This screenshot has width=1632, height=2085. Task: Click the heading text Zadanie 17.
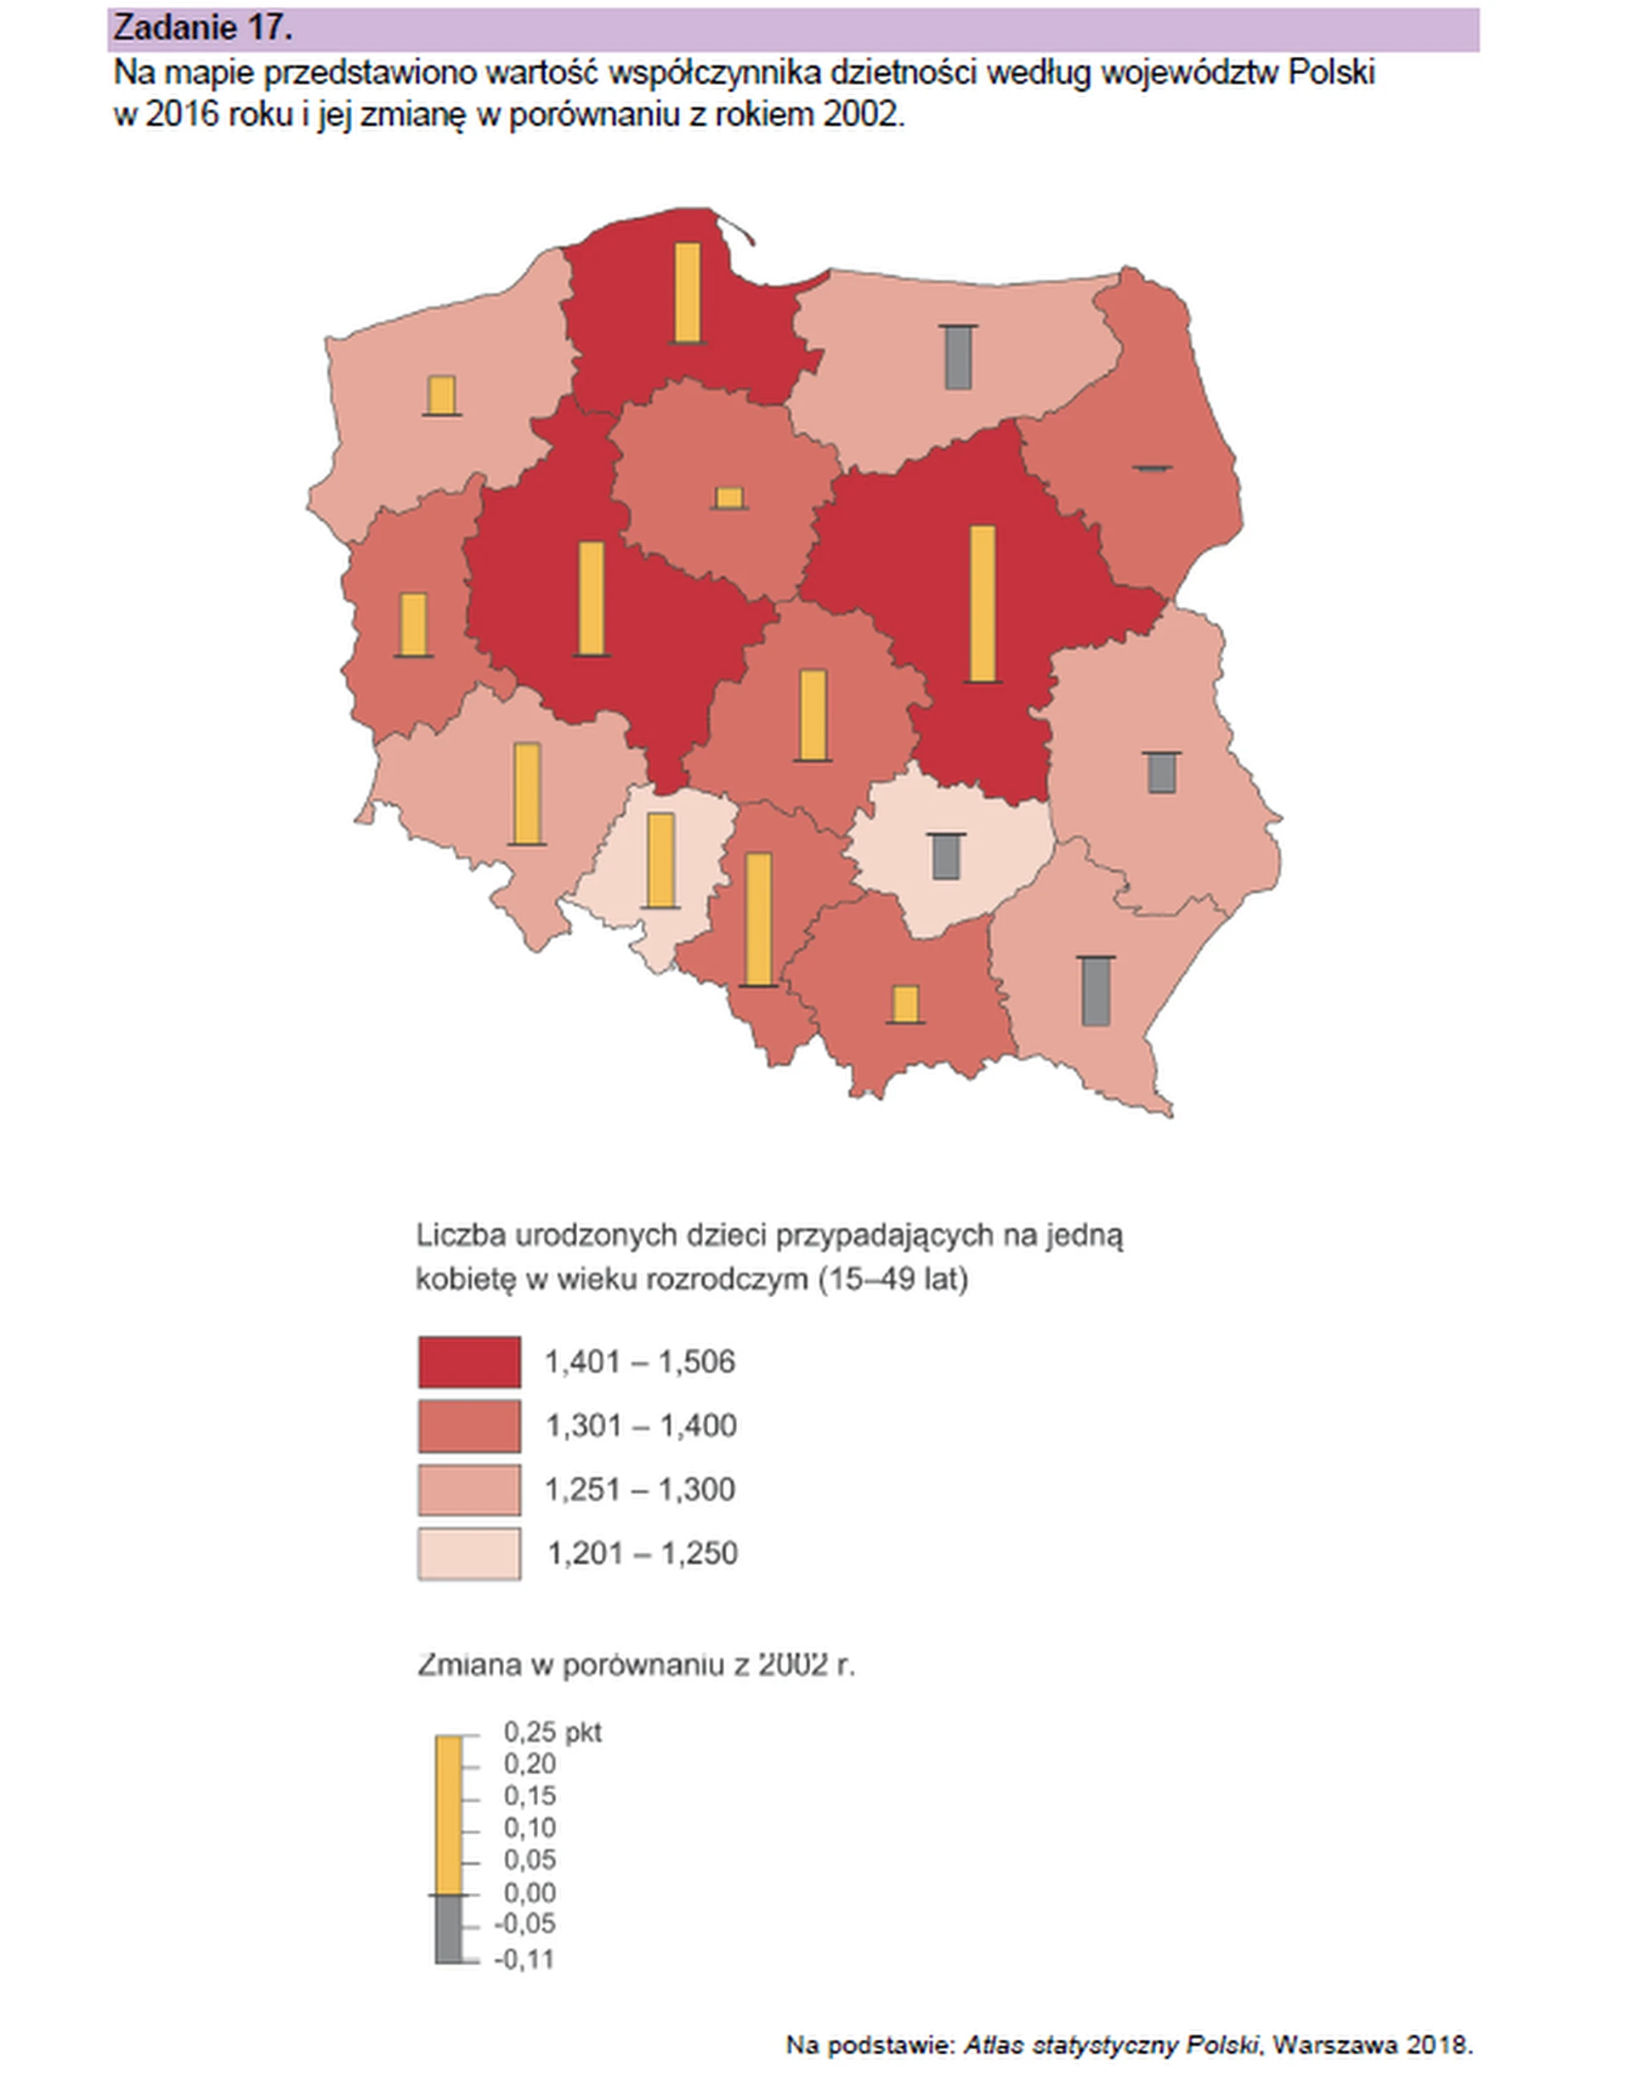tap(201, 28)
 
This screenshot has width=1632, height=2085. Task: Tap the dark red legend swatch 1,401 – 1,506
tap(469, 1362)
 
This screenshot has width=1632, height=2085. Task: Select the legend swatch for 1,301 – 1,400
tap(469, 1425)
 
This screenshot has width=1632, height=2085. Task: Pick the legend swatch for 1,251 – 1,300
tap(469, 1490)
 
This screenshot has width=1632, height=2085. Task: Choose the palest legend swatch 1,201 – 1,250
tap(469, 1554)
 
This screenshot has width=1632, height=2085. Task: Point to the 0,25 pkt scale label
tap(552, 1732)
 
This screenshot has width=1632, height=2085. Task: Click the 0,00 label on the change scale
tap(530, 1892)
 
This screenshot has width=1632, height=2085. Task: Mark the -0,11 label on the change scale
tap(524, 1959)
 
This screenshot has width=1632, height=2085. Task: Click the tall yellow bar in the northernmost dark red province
tap(687, 292)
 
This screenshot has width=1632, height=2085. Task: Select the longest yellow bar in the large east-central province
tap(983, 603)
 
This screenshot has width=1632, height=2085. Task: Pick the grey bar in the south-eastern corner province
tap(1096, 991)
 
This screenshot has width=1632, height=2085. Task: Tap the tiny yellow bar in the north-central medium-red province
tap(729, 498)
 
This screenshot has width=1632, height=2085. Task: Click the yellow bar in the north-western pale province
tap(441, 394)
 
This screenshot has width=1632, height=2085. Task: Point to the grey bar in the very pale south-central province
tap(946, 856)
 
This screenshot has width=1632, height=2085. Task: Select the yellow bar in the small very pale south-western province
tap(660, 859)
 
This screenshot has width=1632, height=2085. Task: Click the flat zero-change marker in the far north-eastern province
tap(1153, 468)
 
